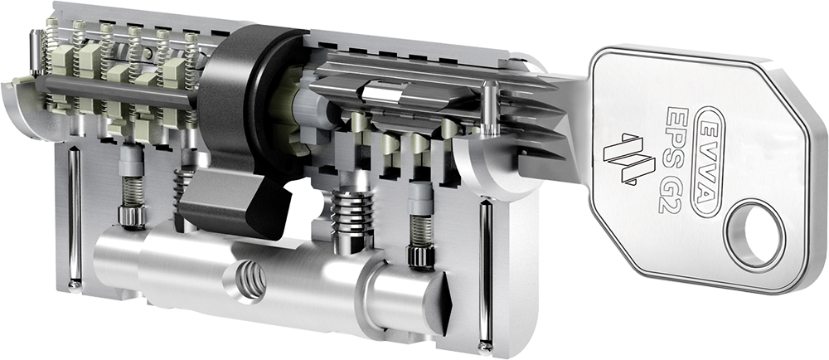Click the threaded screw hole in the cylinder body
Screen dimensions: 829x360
pyautogui.click(x=250, y=278)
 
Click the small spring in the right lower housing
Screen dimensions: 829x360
pyautogui.click(x=420, y=231)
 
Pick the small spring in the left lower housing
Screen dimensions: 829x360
pyautogui.click(x=132, y=190)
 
